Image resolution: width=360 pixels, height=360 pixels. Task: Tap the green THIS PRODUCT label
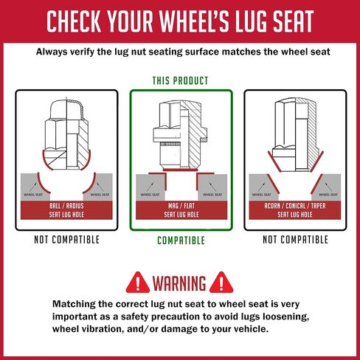coord(180,80)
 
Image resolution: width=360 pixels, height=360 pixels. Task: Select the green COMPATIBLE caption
coord(181,240)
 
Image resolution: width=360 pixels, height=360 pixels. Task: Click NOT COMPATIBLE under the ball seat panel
coord(66,240)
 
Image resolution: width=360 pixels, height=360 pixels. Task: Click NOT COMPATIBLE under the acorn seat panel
coord(295,240)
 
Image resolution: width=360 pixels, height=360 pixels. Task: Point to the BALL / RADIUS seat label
coord(66,210)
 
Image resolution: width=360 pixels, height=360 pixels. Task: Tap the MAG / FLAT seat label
coord(181,210)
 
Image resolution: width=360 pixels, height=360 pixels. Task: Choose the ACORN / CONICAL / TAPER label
coord(295,210)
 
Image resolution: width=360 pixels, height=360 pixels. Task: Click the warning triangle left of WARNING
coord(138,283)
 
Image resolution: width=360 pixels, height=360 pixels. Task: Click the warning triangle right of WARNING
coord(221,283)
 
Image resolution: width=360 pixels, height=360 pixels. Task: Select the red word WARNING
coord(179,283)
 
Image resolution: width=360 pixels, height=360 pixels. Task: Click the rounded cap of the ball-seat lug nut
coord(66,109)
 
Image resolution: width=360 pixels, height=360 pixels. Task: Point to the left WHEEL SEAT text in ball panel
coord(33,195)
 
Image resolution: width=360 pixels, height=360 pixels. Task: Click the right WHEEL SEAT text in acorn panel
coord(328,195)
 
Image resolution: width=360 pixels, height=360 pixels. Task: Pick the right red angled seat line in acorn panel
coord(316,184)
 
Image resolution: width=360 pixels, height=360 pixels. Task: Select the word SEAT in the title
coord(293,21)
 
